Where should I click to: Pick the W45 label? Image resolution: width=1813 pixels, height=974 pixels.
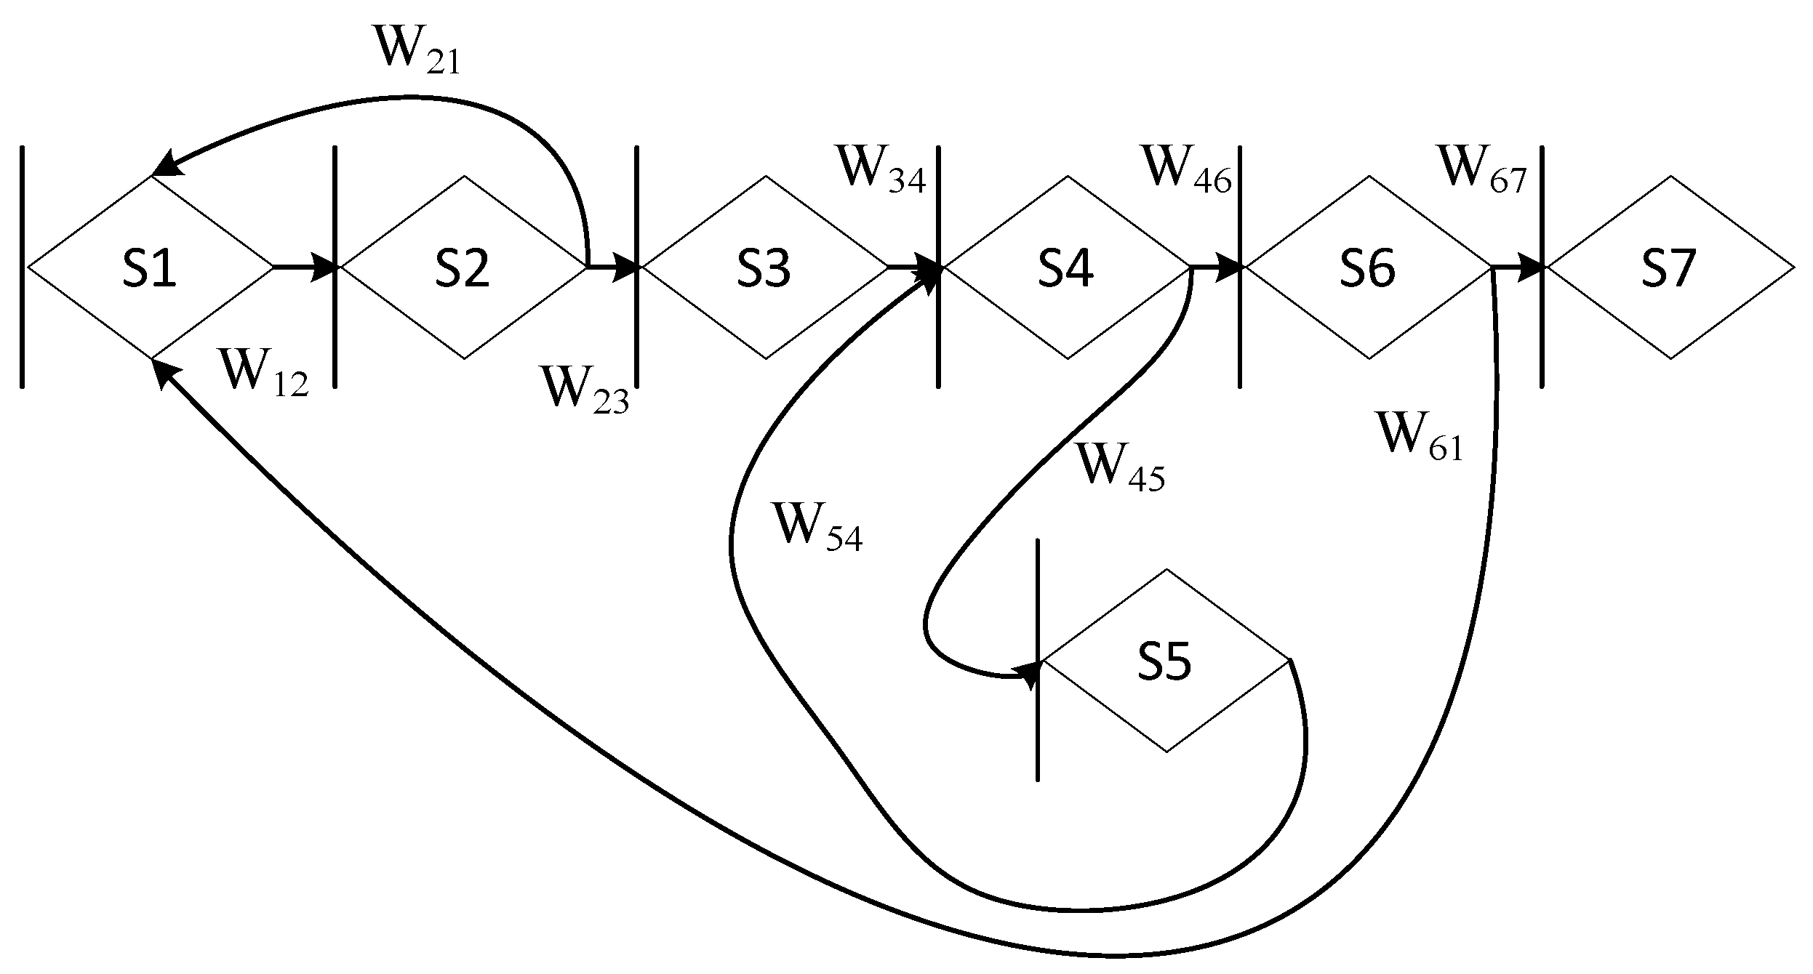1120,469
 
